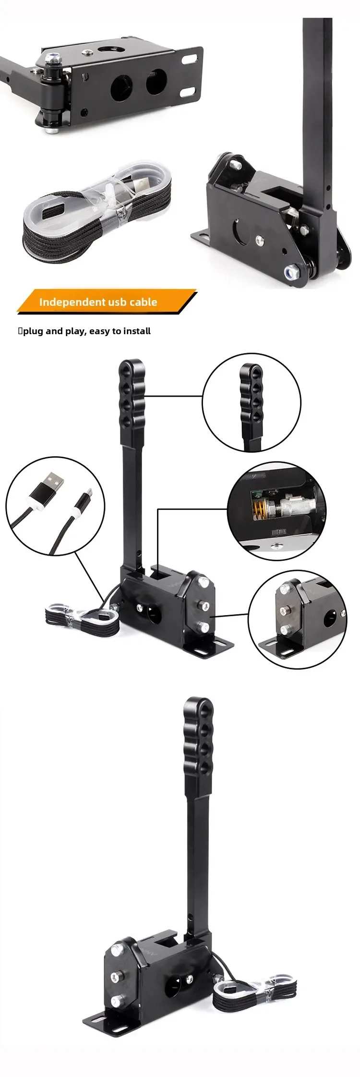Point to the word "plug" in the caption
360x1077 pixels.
(x=33, y=331)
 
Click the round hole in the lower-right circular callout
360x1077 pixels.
(x=329, y=620)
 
